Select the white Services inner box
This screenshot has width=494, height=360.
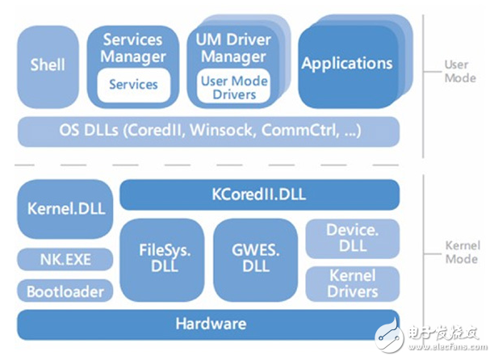click(134, 85)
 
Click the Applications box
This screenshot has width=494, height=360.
click(346, 65)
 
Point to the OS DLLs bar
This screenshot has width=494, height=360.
click(208, 130)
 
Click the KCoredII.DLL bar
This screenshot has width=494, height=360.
click(258, 195)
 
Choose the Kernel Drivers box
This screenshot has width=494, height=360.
click(352, 283)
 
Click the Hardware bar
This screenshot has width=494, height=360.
click(208, 324)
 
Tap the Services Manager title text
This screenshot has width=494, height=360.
click(134, 48)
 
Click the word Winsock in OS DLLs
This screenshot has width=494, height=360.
click(224, 130)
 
